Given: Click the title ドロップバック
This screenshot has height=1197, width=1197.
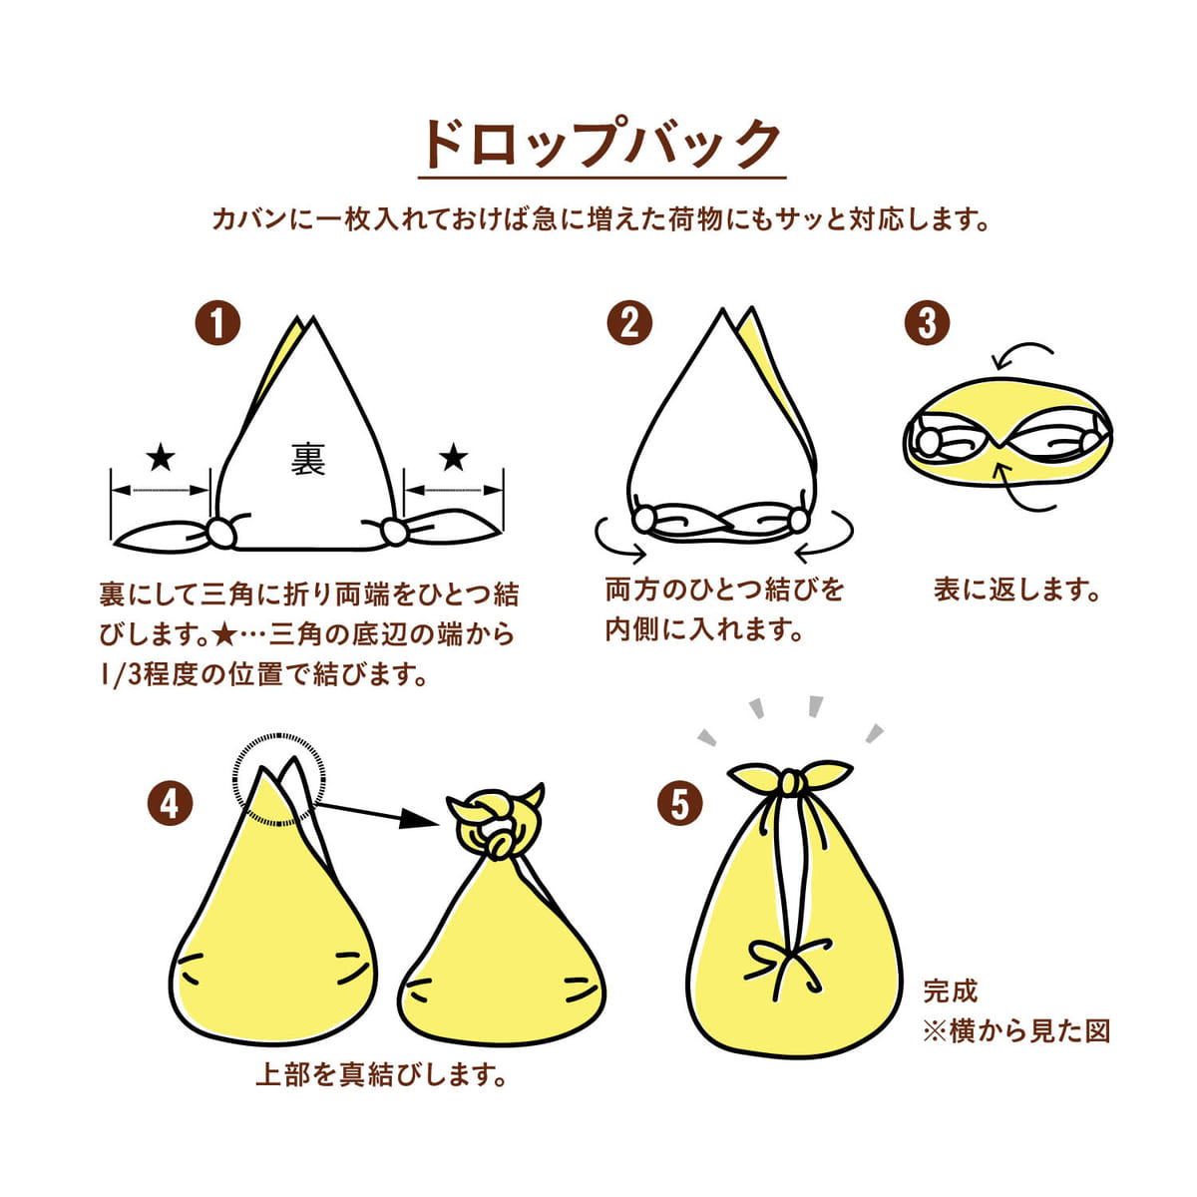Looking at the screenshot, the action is [x=600, y=146].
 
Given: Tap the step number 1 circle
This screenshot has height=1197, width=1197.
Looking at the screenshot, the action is [x=218, y=323].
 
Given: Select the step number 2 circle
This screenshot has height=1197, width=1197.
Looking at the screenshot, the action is [x=629, y=323].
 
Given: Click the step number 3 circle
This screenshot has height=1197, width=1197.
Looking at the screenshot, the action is [x=927, y=323].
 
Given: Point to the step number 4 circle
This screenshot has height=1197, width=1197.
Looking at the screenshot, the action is [x=170, y=803].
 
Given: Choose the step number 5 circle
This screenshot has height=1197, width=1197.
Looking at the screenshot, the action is [x=680, y=803].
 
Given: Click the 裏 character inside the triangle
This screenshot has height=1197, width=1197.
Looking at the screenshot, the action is [x=308, y=459].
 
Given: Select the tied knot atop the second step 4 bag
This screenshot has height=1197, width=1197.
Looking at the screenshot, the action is [x=494, y=820].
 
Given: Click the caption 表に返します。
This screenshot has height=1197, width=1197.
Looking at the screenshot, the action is [x=1016, y=589].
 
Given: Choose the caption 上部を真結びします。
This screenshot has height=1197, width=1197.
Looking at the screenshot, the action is [x=381, y=1075].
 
